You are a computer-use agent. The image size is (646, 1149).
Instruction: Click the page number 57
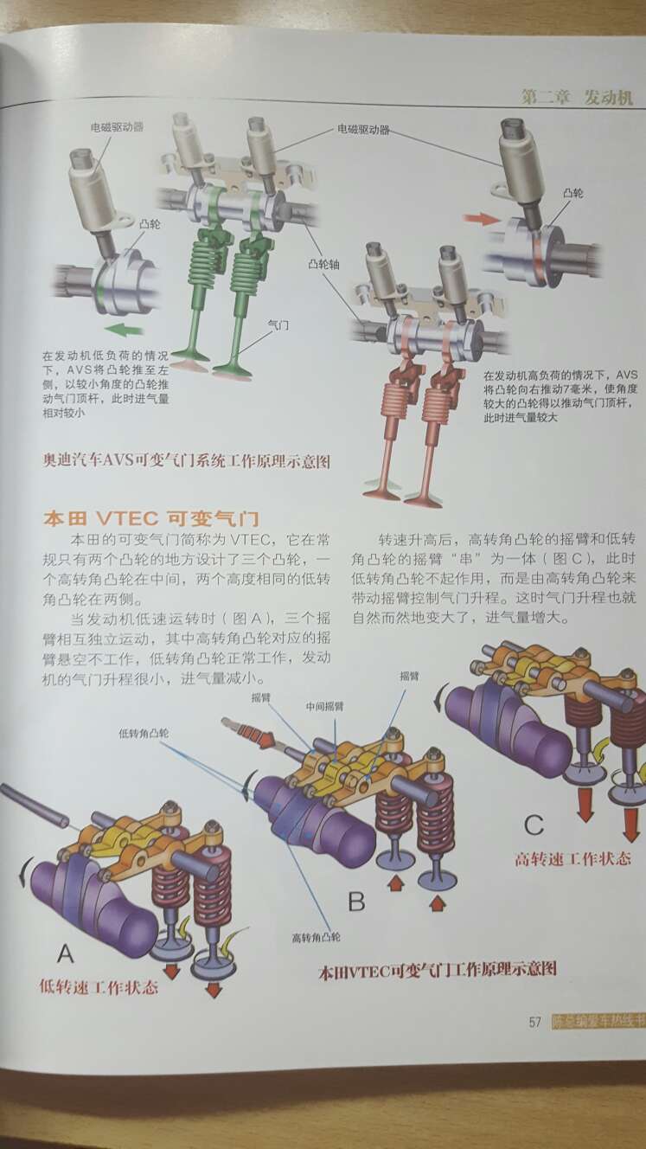pos(534,1021)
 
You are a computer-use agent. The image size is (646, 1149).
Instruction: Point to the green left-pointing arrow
pos(125,329)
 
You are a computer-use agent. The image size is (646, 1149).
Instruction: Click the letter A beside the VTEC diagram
pos(65,953)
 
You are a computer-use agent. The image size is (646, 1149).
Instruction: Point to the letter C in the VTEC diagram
pos(534,824)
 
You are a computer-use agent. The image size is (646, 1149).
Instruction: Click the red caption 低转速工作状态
pos(99,986)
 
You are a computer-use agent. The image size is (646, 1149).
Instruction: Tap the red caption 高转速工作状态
pos(572,860)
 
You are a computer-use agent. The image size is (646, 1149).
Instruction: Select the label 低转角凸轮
pos(144,733)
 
